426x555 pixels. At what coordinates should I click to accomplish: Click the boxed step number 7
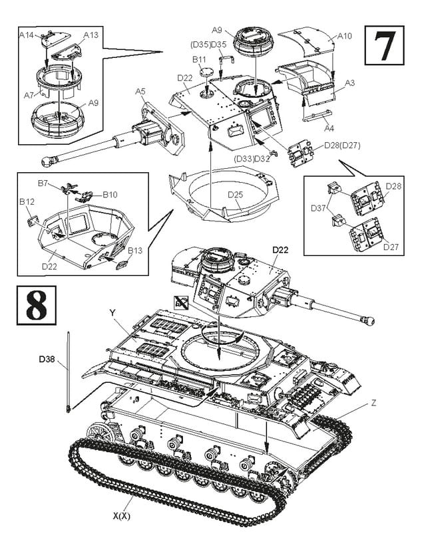pyautogui.click(x=384, y=45)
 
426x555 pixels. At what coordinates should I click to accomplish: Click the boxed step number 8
pyautogui.click(x=37, y=305)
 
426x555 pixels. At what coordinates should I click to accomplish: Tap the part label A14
pyautogui.click(x=26, y=35)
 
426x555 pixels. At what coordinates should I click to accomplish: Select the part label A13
pyautogui.click(x=91, y=35)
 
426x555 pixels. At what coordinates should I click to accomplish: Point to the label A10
pyautogui.click(x=345, y=36)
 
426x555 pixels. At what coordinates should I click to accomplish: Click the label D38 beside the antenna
pyautogui.click(x=47, y=360)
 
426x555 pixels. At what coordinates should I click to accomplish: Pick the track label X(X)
pyautogui.click(x=122, y=516)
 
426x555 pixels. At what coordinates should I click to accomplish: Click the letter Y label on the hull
pyautogui.click(x=112, y=312)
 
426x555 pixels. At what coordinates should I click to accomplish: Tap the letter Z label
pyautogui.click(x=373, y=403)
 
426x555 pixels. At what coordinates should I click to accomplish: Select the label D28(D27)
pyautogui.click(x=342, y=146)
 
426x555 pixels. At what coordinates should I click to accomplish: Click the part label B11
pyautogui.click(x=199, y=59)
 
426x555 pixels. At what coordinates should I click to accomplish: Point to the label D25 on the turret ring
pyautogui.click(x=236, y=194)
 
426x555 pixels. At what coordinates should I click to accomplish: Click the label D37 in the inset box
pyautogui.click(x=318, y=208)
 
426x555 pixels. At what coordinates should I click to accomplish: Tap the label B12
pyautogui.click(x=27, y=202)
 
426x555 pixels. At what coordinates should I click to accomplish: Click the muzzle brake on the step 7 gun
pyautogui.click(x=49, y=161)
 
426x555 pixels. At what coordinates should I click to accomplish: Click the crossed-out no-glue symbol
pyautogui.click(x=181, y=302)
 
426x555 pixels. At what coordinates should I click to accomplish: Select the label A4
pyautogui.click(x=329, y=128)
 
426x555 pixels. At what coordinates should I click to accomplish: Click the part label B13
pyautogui.click(x=135, y=251)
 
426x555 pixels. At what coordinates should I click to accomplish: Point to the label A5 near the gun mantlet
pyautogui.click(x=140, y=92)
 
